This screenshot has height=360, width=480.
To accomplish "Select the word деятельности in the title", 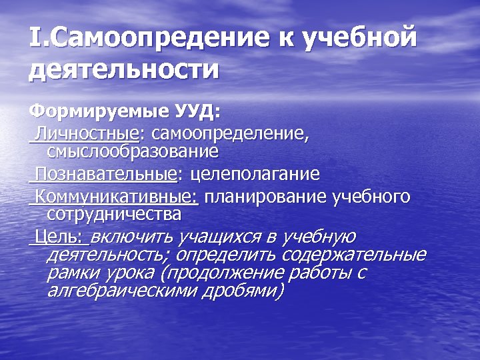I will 124,69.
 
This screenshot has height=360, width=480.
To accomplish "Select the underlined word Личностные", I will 86,134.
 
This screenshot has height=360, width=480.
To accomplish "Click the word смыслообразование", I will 133,151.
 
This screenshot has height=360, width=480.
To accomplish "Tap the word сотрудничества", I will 114,214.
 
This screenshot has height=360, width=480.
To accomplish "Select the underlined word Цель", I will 58,237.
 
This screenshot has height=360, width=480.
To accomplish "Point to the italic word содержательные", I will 354,255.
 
